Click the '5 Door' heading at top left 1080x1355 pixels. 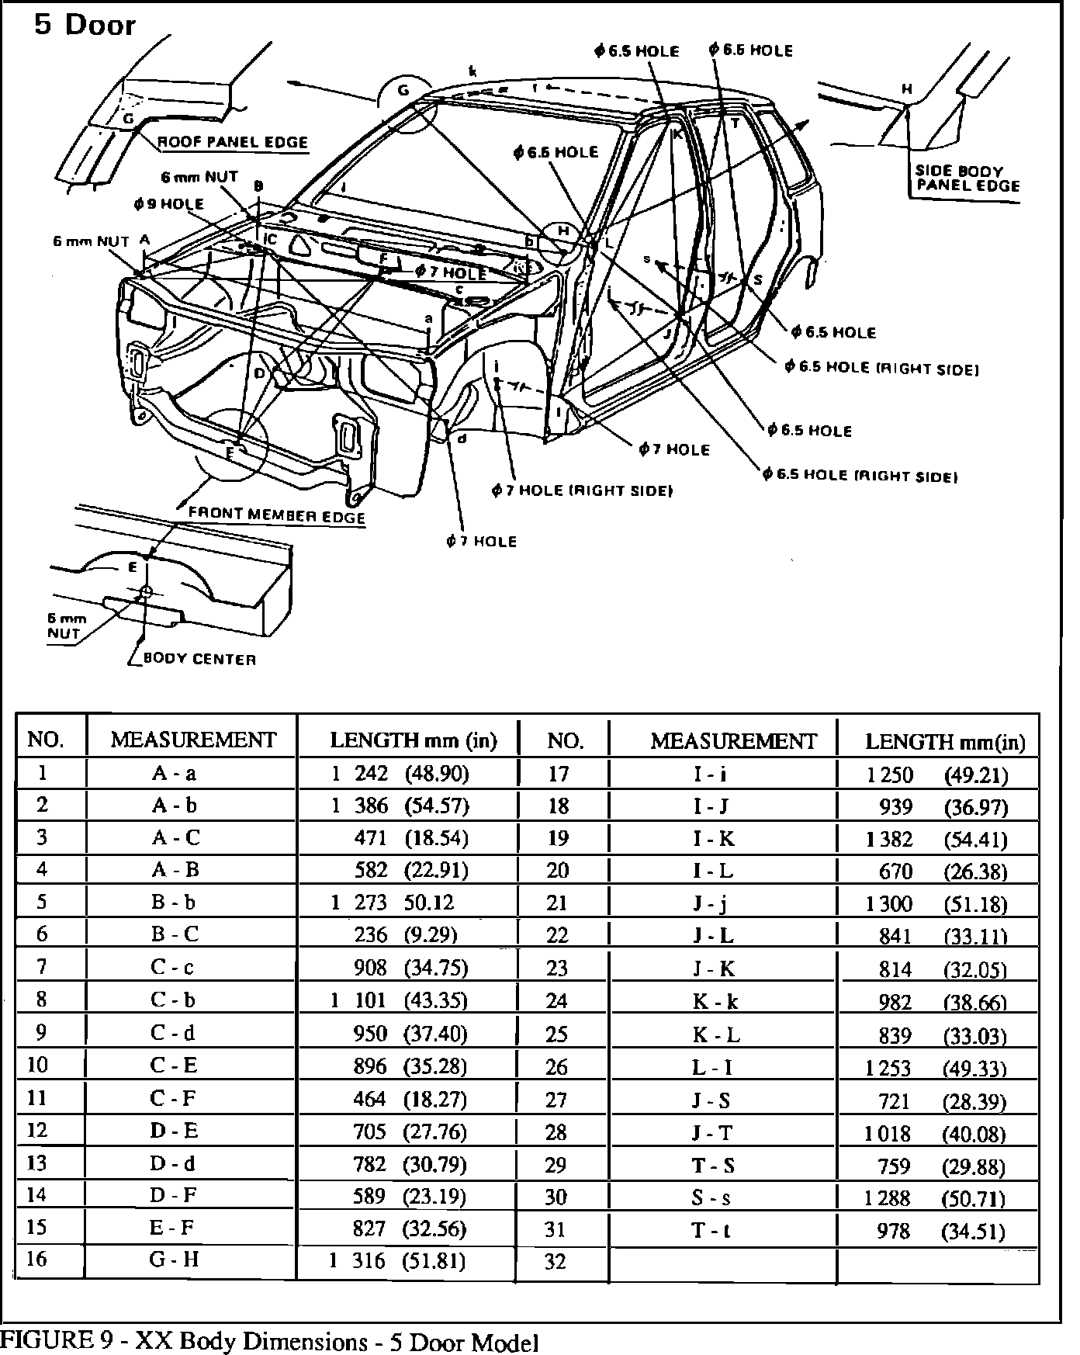coord(85,25)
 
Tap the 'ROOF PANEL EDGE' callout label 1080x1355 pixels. coord(233,143)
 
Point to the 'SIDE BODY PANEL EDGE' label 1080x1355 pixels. coord(967,178)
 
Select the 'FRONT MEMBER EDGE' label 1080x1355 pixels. coord(276,515)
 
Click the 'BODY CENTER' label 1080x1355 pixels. coord(199,660)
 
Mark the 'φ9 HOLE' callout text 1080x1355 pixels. coord(168,204)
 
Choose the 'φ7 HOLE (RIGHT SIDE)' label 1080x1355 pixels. coord(581,490)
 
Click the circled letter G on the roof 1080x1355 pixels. coord(403,90)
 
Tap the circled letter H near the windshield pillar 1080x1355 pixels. coord(564,231)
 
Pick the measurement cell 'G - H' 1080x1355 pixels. coord(175,1259)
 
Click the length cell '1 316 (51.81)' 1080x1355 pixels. coord(397,1260)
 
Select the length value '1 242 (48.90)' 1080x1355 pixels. coord(400,773)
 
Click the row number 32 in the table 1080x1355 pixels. coord(556,1263)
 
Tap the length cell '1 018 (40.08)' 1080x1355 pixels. coord(935,1134)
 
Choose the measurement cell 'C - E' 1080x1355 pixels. coord(175,1065)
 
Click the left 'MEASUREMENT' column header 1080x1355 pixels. coord(193,740)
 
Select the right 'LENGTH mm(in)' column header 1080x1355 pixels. coord(945,743)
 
